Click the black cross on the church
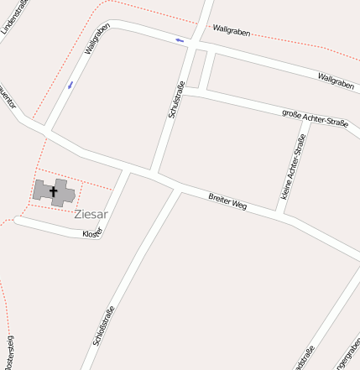pyautogui.click(x=54, y=192)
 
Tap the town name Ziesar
pyautogui.click(x=91, y=214)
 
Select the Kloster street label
pyautogui.click(x=92, y=233)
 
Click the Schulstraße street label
pyautogui.click(x=176, y=98)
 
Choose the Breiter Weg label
pyautogui.click(x=227, y=201)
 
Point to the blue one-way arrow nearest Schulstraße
pyautogui.click(x=180, y=39)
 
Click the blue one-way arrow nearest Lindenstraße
pyautogui.click(x=70, y=85)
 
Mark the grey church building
pyautogui.click(x=54, y=193)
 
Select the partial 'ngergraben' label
pyautogui.click(x=346, y=357)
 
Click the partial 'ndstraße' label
pyautogui.click(x=305, y=358)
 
